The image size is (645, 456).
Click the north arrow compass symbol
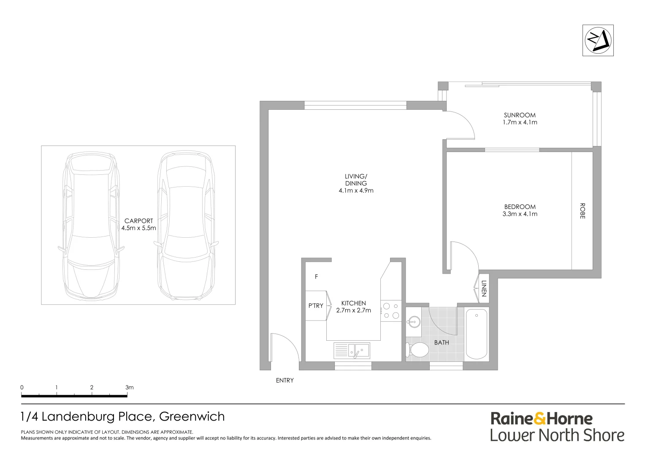[598, 40]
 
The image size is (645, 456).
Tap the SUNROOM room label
[520, 115]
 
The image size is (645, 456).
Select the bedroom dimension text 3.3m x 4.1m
[520, 214]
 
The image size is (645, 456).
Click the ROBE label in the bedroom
[583, 211]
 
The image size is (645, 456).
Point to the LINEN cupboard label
[484, 288]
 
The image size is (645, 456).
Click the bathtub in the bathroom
[477, 334]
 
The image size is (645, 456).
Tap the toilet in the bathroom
[417, 350]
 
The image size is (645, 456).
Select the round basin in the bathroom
[413, 322]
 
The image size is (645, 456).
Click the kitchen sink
[358, 350]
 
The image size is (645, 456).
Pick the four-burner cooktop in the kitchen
[391, 311]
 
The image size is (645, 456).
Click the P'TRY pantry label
[316, 306]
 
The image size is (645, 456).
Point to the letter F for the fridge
[316, 277]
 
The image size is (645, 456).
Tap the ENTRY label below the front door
[285, 380]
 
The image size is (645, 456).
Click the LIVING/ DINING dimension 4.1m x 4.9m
[356, 190]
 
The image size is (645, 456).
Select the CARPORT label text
[138, 221]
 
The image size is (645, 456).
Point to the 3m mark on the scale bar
[128, 388]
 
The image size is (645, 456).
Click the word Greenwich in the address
[192, 417]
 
